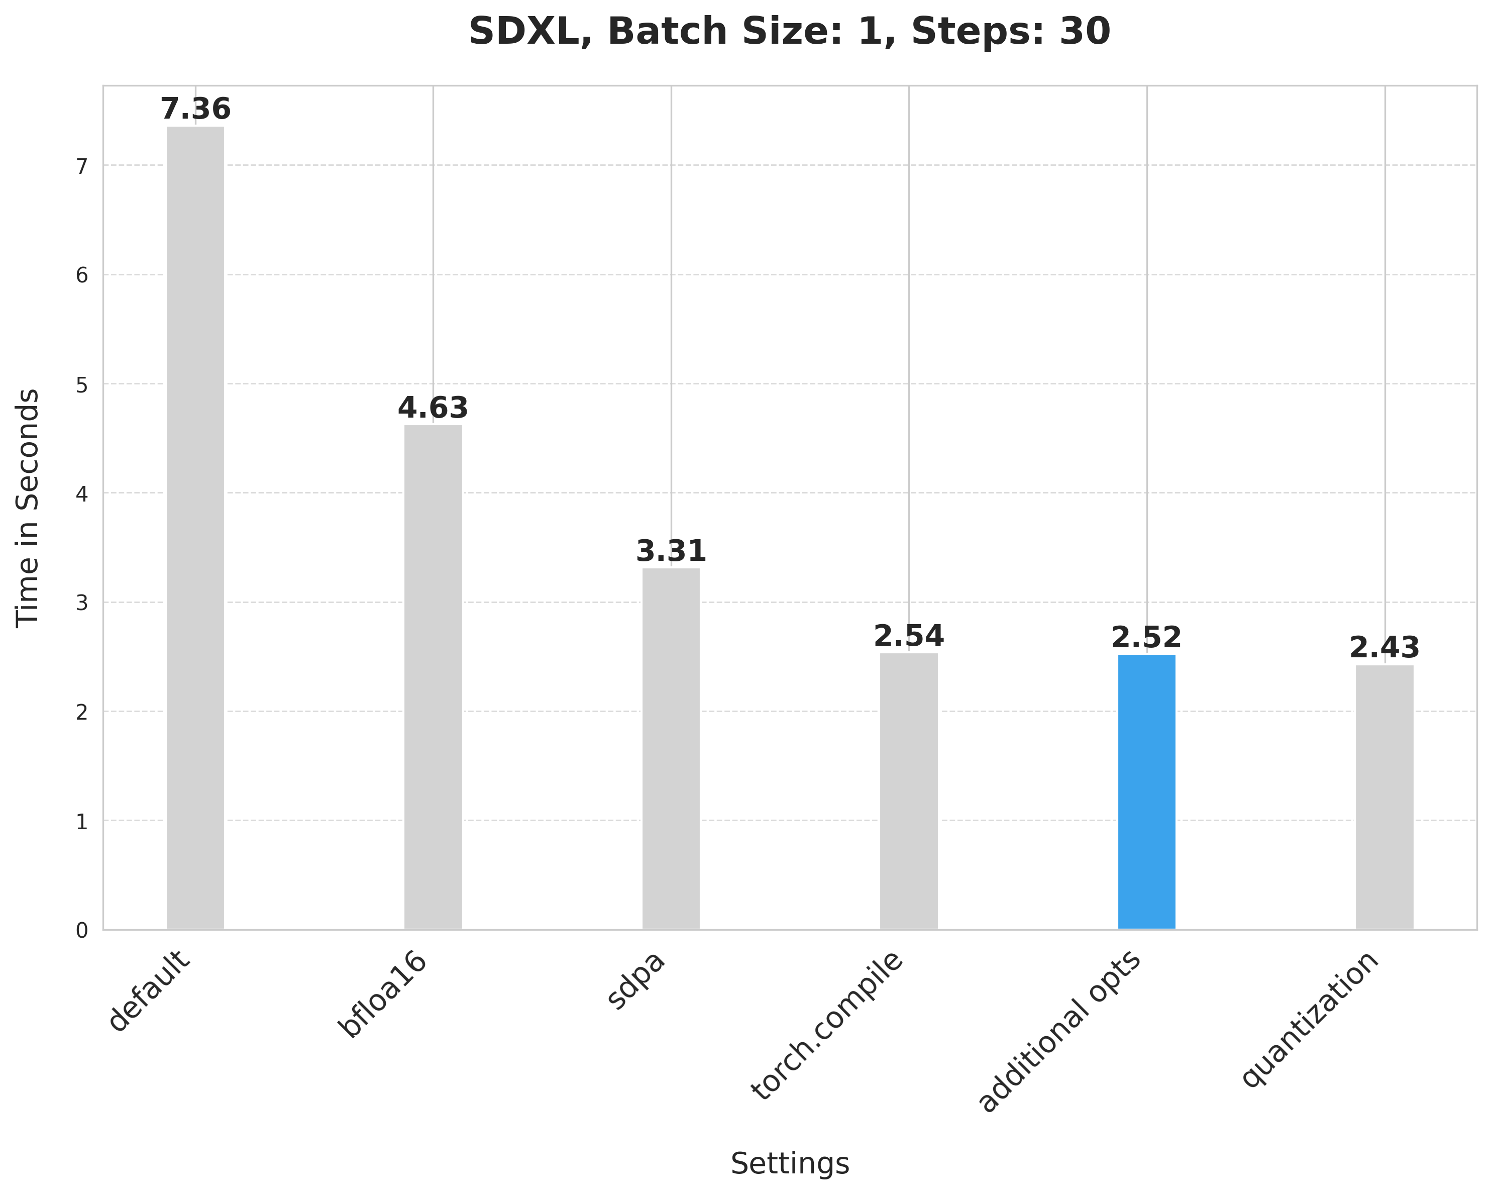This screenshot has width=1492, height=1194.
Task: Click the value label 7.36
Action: tap(195, 110)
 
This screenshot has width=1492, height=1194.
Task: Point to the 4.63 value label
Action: tap(433, 409)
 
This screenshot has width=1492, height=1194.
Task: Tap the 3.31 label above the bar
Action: tap(671, 552)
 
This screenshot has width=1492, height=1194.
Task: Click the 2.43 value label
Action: tap(1384, 649)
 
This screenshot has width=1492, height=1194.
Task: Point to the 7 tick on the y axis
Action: tap(82, 166)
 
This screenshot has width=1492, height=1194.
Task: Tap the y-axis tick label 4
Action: tap(82, 494)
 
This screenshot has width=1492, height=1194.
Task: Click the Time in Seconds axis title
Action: tap(28, 508)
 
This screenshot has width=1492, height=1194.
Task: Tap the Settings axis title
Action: tap(790, 1163)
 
